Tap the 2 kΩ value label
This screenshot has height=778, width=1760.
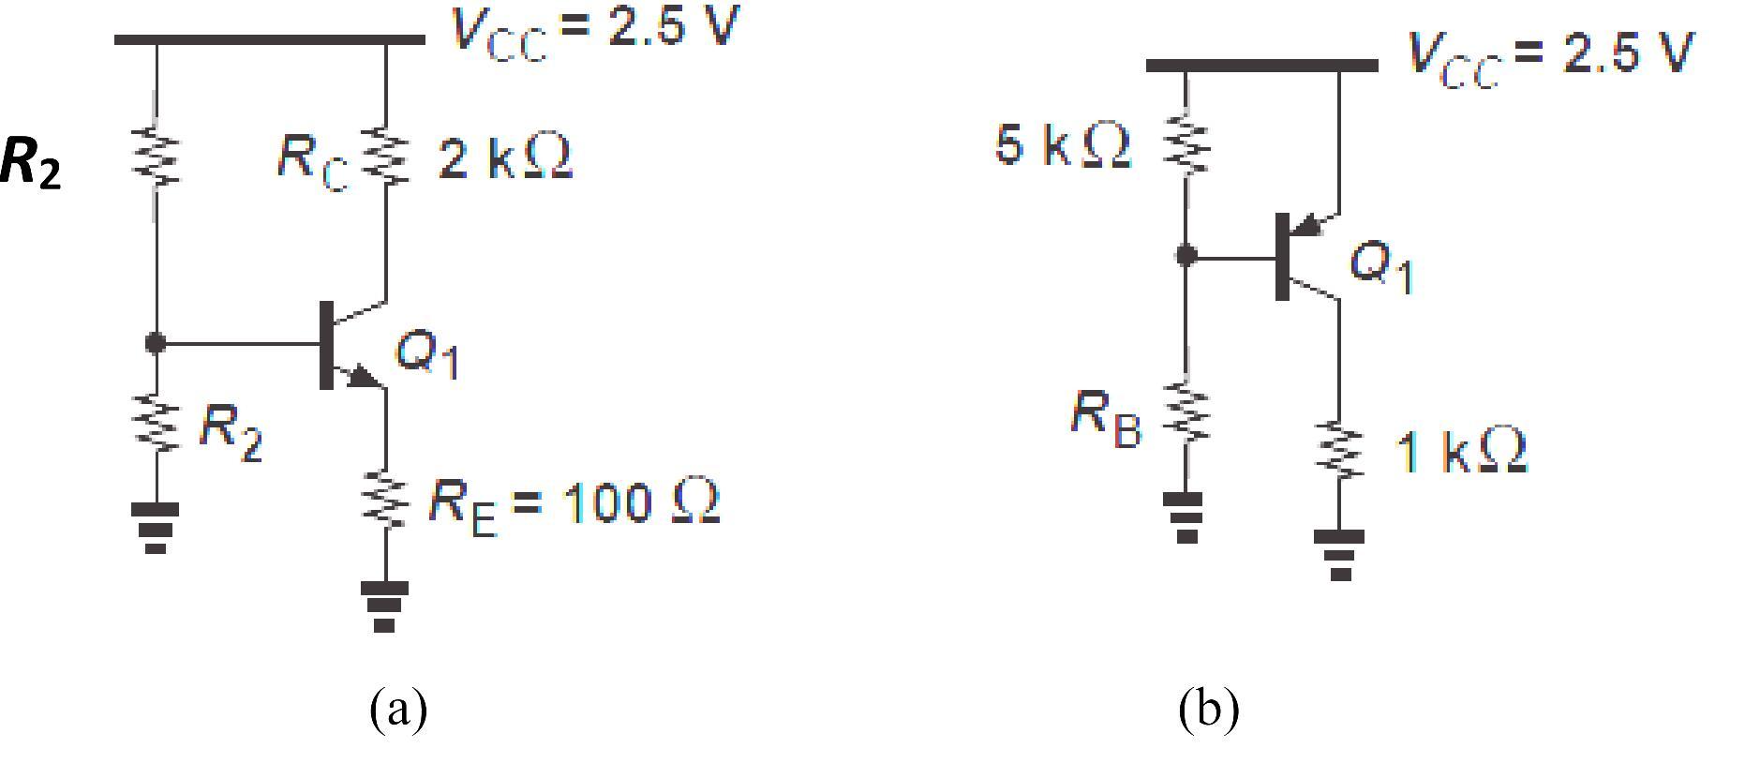click(504, 157)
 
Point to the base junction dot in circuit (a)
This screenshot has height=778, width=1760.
click(156, 344)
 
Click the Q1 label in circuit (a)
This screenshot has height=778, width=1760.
click(427, 354)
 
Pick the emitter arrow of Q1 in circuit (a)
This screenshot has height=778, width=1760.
click(364, 377)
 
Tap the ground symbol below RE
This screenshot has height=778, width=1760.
click(384, 605)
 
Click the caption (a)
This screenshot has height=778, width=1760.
click(398, 709)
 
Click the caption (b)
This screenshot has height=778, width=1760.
click(1208, 709)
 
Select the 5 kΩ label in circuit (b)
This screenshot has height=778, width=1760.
click(1062, 145)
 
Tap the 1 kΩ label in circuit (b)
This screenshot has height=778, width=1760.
click(1461, 452)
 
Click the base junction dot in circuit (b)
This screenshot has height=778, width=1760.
click(1186, 255)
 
